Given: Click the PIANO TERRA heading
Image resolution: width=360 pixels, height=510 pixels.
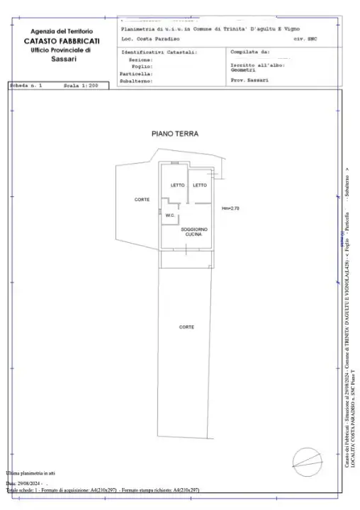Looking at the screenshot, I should (x=174, y=133).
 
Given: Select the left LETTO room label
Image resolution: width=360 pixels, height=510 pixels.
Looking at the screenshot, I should (x=177, y=186).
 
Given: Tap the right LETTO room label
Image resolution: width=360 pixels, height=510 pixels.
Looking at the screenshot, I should (x=200, y=186).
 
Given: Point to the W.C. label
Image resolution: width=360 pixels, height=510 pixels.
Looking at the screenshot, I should (x=170, y=215).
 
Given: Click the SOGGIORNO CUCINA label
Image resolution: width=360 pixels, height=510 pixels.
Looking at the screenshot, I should (x=193, y=232).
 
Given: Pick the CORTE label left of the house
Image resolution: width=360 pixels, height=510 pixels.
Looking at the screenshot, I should (x=142, y=200).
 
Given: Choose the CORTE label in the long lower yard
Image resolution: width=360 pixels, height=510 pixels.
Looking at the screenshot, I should (x=186, y=327).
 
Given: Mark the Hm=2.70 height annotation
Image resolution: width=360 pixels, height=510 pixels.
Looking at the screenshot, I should (x=231, y=208).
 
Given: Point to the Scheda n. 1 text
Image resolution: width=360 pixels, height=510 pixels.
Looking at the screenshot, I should (x=26, y=85).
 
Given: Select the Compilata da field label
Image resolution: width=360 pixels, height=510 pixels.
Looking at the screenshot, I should (x=249, y=52).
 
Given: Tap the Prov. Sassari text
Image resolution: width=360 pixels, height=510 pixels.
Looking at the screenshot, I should (x=249, y=81).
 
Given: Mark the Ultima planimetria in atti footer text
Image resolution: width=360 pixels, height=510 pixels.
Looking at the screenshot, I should (x=30, y=472).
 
